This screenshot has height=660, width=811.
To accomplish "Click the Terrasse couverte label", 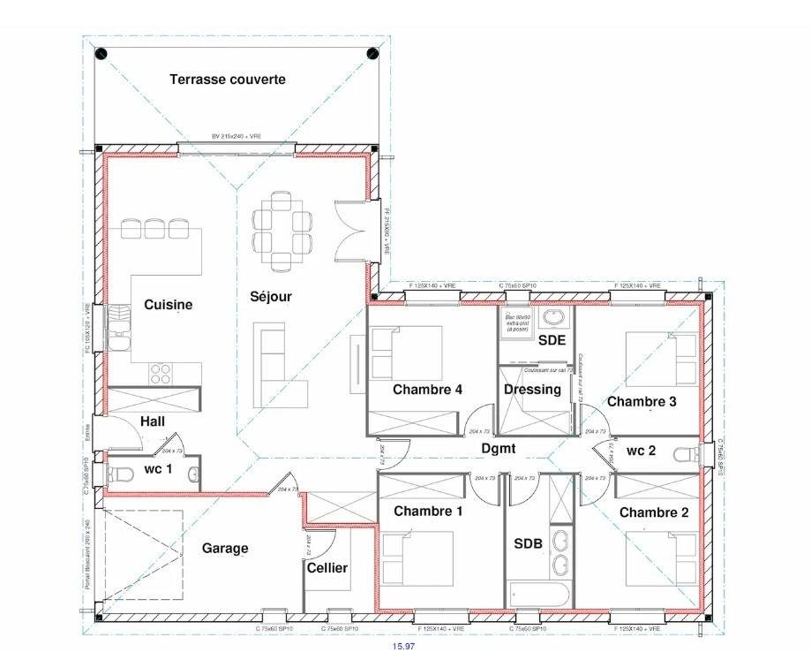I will pyautogui.click(x=227, y=80).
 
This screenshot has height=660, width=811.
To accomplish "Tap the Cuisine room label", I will pyautogui.click(x=168, y=305).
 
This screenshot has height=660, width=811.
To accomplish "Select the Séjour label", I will pyautogui.click(x=270, y=297).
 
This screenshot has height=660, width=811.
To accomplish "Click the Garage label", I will pyautogui.click(x=225, y=548).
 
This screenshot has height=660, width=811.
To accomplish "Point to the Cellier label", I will pyautogui.click(x=327, y=567).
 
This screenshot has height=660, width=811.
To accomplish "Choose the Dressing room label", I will pyautogui.click(x=532, y=390).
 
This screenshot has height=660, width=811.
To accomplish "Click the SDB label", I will pyautogui.click(x=528, y=543).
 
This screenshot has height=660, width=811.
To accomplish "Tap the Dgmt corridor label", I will pyautogui.click(x=498, y=449).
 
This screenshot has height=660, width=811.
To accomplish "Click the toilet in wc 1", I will pyautogui.click(x=118, y=474).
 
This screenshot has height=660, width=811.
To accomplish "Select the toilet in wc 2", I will pyautogui.click(x=685, y=454).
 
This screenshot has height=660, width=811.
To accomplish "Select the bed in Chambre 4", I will pyautogui.click(x=405, y=353).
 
